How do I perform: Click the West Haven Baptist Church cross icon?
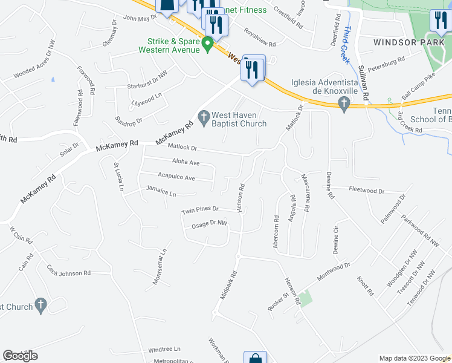tap(204, 116)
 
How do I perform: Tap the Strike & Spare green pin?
tap(207, 44)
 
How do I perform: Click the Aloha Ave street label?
tap(186, 163)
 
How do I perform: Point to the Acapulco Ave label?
tap(176, 178)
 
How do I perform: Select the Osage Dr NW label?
tap(208, 224)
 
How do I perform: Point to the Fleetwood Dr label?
tap(366, 190)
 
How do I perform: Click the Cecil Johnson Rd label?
tap(69, 273)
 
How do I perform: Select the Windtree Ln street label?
tap(164, 349)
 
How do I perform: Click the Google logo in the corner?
tap(20, 356)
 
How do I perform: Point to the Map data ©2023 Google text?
tap(414, 358)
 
